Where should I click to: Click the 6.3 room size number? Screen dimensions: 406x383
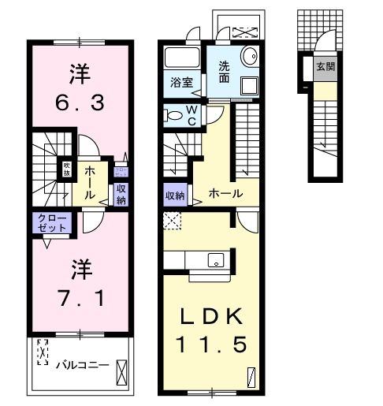pos(79,102)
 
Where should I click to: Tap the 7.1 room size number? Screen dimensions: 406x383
pos(79,299)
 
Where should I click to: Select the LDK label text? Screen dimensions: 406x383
pos(210,316)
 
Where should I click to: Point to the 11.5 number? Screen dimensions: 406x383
pos(210,345)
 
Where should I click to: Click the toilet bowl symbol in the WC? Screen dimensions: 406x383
pos(173,115)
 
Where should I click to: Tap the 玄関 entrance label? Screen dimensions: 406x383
pos(325,67)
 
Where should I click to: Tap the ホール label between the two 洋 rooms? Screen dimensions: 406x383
pos(91,181)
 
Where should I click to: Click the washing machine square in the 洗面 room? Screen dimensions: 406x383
pos(249,86)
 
